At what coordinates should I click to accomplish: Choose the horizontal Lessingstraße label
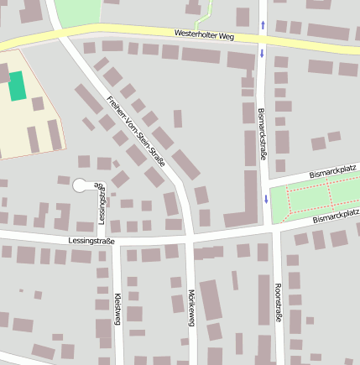93,240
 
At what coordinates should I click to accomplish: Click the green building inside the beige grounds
17,86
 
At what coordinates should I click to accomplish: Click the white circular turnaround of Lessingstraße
81,185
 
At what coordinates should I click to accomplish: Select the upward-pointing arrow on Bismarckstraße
263,25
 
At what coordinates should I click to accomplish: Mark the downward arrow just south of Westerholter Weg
263,55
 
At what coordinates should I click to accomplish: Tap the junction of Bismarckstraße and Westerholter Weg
263,39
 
